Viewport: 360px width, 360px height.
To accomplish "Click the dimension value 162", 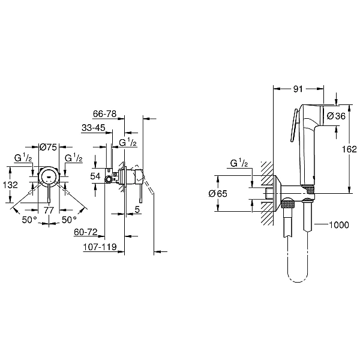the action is pos(349,149).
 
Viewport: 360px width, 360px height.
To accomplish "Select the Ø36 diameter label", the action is pos(336,116).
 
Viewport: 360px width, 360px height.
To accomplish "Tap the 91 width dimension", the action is pos(298,89).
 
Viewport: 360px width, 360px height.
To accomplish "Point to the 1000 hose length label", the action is pos(339,225).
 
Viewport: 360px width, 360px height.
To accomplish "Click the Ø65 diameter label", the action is pos(218,194).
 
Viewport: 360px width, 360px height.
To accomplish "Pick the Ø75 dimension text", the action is pos(48,147).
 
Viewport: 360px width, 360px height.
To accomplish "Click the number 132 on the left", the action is pos(10,185).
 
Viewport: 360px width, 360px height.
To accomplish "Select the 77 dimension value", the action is pos(49,210).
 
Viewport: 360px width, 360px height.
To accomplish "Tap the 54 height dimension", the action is pos(95,176).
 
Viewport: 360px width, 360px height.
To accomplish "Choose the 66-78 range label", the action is pos(104,113).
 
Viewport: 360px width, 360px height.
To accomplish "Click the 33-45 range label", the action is pos(94,128).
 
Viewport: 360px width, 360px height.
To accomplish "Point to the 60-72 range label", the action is pos(86,232).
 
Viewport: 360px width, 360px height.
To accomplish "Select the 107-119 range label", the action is pos(100,247).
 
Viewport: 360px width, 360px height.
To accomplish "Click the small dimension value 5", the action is pos(137,209).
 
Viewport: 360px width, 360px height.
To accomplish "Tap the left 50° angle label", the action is pos(29,220).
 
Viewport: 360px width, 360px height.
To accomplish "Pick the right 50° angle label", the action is pos(69,220).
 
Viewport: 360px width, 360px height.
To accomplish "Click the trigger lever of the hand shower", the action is pos(295,125).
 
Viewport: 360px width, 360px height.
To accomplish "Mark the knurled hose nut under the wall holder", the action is pos(287,204).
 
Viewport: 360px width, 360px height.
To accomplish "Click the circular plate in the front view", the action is pos(49,176).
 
